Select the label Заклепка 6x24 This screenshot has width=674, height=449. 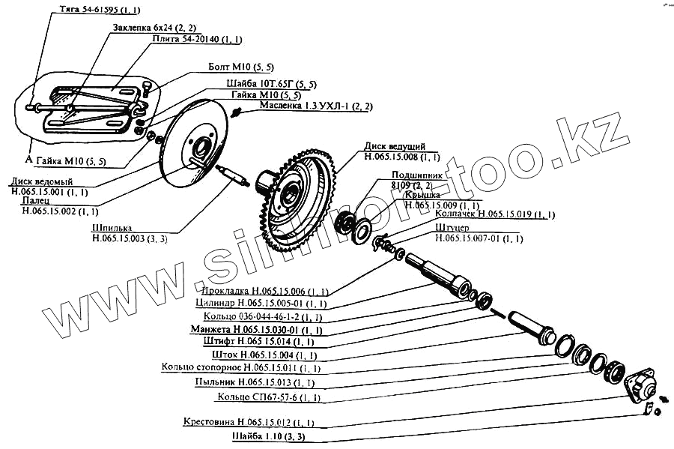tap(154, 28)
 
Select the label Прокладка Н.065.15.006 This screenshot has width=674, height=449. tap(265, 291)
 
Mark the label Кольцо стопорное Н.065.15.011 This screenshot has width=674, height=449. tap(241, 367)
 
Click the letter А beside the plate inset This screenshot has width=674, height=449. tap(28, 159)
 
